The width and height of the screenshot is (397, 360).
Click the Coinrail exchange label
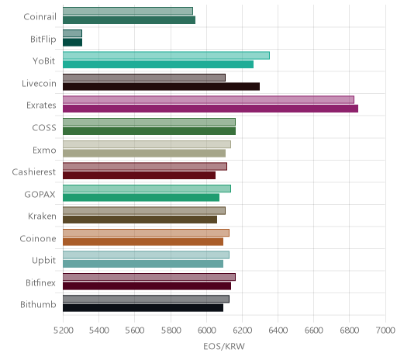coord(40,17)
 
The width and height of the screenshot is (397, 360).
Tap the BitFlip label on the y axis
coord(43,39)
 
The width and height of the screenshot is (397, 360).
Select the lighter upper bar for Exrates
coord(209,99)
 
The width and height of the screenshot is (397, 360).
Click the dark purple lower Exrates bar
coord(210,109)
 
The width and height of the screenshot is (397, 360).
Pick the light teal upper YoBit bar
coord(166,55)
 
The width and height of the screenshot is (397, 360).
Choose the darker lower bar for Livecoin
coord(161,86)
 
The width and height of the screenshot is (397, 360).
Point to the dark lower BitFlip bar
coord(72,42)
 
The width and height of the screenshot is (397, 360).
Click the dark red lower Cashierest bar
coord(139,175)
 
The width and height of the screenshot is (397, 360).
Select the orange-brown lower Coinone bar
coord(143,241)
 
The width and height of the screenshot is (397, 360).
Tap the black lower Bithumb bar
coord(143,308)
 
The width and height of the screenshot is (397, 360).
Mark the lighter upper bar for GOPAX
coord(147,189)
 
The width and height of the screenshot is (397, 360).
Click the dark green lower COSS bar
coord(149,131)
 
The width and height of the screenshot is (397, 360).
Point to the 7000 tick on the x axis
coord(385,331)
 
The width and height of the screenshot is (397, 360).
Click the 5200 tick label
coord(64,331)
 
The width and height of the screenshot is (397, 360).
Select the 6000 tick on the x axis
coord(206,331)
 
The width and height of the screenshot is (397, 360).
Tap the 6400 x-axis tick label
coord(278,331)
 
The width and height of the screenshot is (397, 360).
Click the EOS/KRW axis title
coord(224,346)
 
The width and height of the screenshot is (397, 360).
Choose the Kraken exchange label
coord(42,216)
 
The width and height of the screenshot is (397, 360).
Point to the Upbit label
coord(43,261)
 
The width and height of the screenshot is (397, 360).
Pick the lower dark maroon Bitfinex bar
coord(147,286)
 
